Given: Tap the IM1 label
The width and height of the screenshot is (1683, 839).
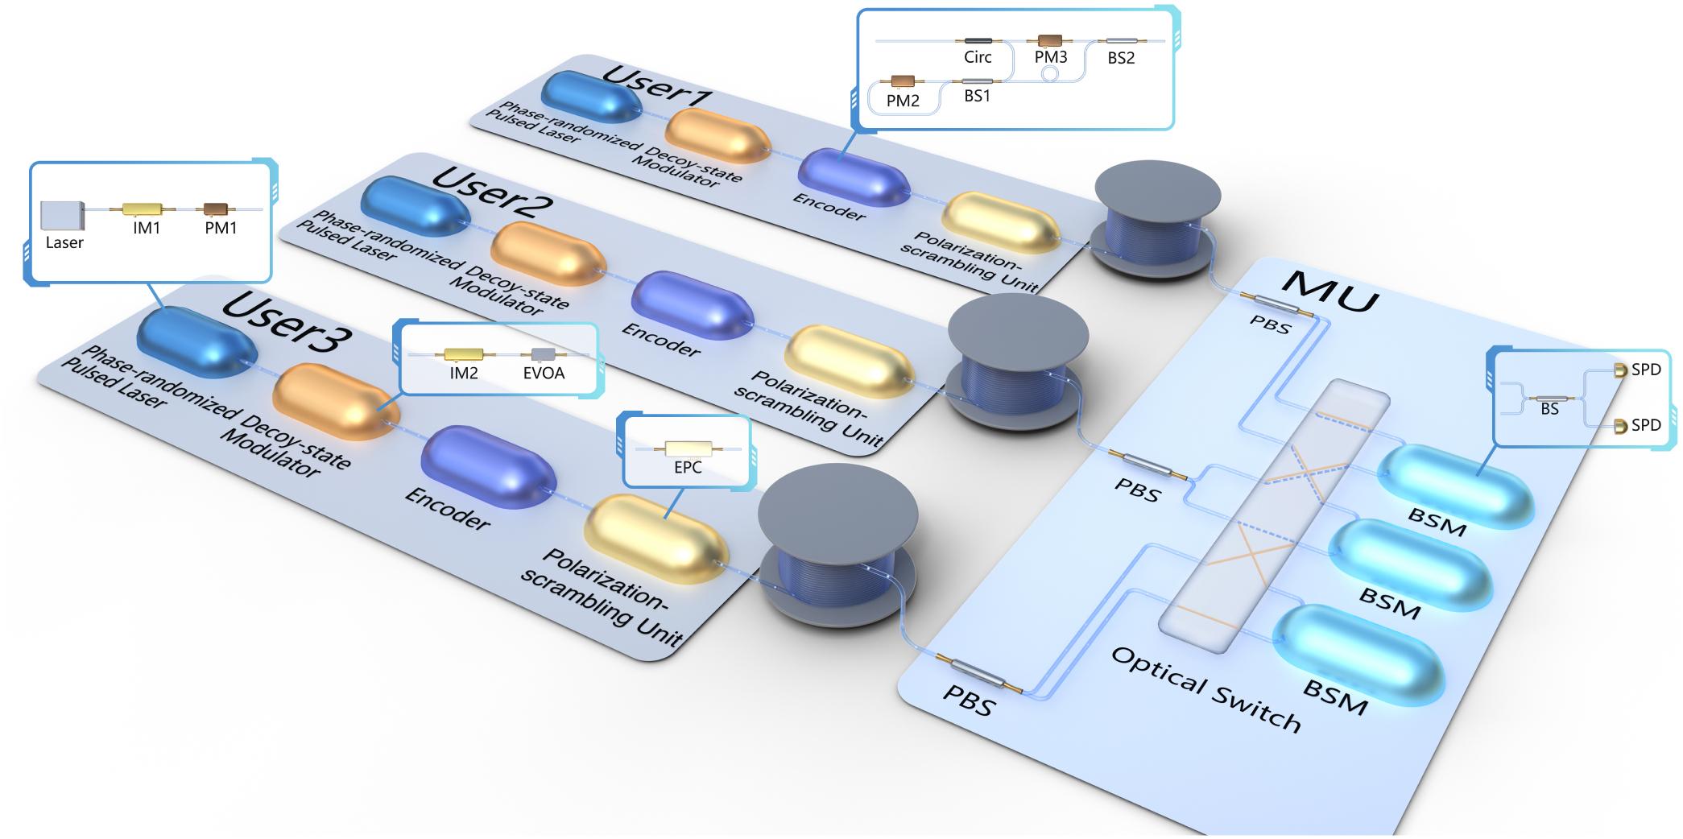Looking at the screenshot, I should (x=147, y=228).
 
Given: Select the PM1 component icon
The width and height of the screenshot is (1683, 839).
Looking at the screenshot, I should (x=216, y=209).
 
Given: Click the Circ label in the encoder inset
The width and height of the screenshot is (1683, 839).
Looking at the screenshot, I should (x=978, y=58).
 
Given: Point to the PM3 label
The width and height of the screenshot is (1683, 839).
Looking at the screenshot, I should (x=1051, y=58).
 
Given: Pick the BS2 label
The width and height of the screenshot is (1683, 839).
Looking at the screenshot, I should (x=1121, y=58).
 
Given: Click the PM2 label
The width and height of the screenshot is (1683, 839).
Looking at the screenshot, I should (x=903, y=101).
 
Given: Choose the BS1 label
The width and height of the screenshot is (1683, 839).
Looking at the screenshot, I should (x=978, y=96).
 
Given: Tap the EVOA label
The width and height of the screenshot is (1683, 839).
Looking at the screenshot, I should (x=544, y=374).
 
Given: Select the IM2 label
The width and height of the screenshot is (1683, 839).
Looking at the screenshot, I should (x=464, y=374).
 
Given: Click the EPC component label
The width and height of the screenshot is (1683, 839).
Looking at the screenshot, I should (x=688, y=468).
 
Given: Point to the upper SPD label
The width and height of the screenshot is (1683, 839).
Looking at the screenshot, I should (x=1646, y=370).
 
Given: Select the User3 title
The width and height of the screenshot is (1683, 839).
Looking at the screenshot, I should (x=286, y=323).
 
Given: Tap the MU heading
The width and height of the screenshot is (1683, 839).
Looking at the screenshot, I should (x=1329, y=290).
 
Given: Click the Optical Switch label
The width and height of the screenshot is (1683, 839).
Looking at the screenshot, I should (x=1205, y=689).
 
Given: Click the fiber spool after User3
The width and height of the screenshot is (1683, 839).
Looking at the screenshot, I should (x=837, y=556).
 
